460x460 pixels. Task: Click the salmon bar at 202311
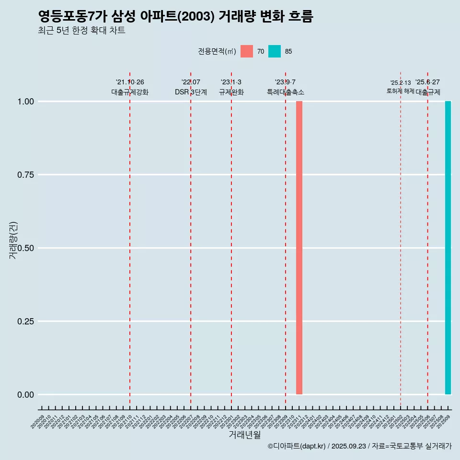299,248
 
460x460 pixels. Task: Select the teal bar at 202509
448,248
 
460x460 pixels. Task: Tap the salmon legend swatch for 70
247,51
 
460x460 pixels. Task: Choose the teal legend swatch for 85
275,51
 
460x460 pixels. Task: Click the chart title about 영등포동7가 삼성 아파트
175,17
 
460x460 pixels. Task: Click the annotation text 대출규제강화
130,92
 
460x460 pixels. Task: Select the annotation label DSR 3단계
191,92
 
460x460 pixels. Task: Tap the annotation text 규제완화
231,92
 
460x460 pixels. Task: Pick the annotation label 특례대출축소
286,92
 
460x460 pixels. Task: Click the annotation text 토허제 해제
400,91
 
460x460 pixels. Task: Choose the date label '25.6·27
427,82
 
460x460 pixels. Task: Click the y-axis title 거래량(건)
13,240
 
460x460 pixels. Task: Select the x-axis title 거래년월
245,435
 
